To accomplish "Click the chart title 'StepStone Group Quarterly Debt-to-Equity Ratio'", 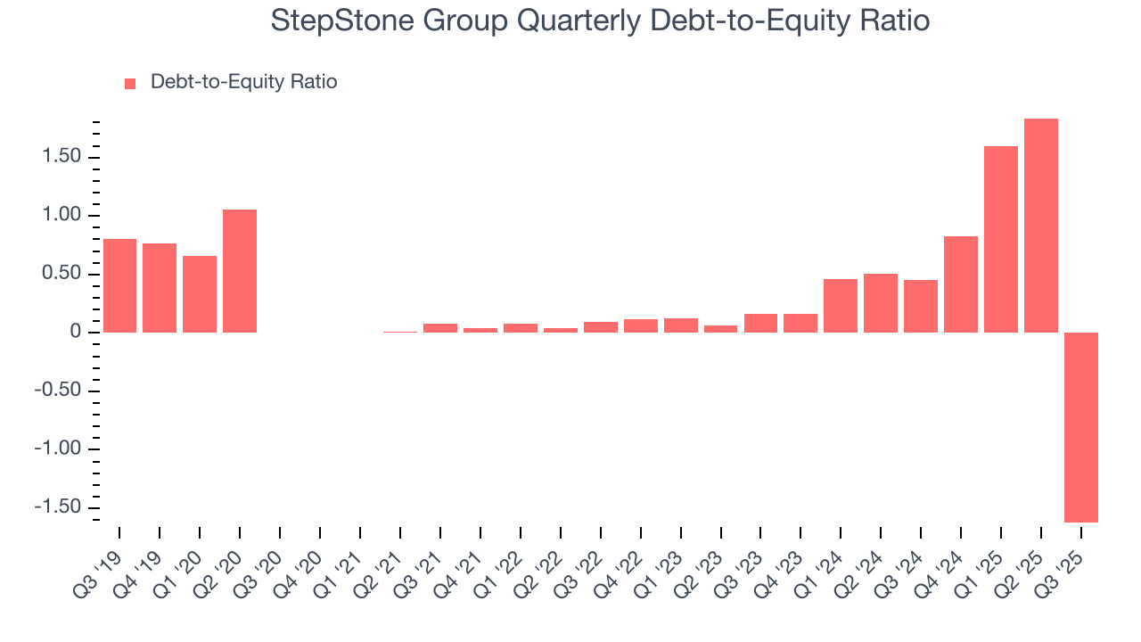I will (600, 21).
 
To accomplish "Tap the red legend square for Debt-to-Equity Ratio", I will (130, 83).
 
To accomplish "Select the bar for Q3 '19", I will (119, 285).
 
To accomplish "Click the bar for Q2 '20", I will (240, 271).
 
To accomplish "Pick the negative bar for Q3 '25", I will (1080, 427).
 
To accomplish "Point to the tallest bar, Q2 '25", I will (1040, 226).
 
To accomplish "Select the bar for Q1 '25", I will (1000, 239).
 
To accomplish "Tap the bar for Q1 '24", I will (841, 306).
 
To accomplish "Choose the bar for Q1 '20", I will (200, 294).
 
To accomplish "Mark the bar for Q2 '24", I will (881, 303).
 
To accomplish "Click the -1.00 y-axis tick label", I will (57, 449).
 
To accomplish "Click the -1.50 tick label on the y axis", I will (57, 507).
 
